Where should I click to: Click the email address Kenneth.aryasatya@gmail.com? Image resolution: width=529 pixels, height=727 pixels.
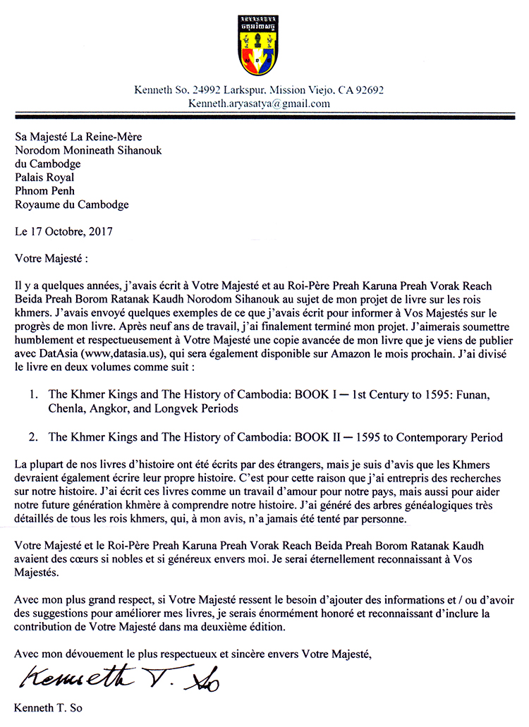click(x=259, y=104)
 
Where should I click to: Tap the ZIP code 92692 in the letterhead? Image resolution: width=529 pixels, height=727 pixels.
click(x=368, y=90)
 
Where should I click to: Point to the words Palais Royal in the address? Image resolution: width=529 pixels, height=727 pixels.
click(x=44, y=178)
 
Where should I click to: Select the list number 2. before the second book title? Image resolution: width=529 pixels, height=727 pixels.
click(x=32, y=438)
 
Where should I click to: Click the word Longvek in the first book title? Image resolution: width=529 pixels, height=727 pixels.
click(x=166, y=409)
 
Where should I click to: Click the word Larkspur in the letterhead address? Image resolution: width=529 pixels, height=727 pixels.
click(x=244, y=90)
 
